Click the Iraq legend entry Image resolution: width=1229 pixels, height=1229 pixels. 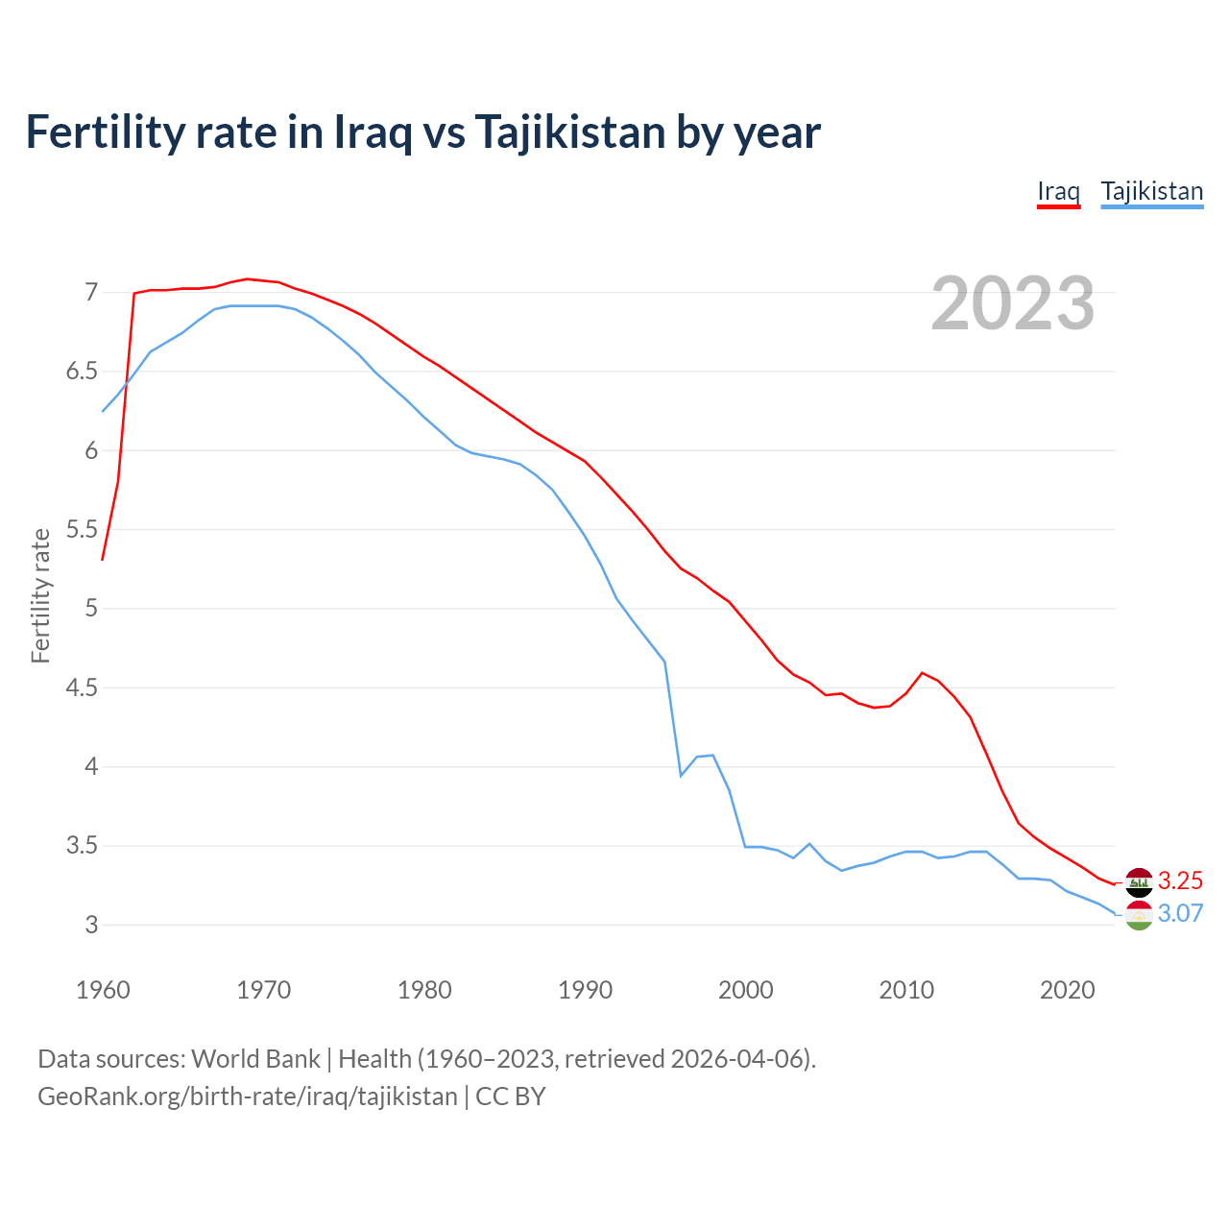[x=1058, y=191]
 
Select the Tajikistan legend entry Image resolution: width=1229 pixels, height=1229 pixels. [x=1151, y=191]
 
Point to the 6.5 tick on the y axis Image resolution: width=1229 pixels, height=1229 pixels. [x=82, y=372]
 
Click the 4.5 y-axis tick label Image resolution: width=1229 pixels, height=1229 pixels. [x=82, y=688]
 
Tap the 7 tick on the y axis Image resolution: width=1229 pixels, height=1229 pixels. [x=91, y=292]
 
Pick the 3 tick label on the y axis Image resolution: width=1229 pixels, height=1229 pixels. [x=91, y=926]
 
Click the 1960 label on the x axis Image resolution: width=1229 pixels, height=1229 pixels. [x=103, y=990]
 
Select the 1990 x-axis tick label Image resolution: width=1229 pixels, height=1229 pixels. [x=585, y=990]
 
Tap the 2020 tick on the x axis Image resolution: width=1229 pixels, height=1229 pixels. [x=1067, y=990]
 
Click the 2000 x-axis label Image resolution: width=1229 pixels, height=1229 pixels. [x=745, y=990]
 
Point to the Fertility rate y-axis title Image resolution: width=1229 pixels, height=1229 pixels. [x=40, y=595]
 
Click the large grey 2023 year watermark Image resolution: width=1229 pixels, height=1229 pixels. [x=1012, y=303]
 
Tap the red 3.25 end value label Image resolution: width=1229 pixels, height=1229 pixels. [x=1180, y=880]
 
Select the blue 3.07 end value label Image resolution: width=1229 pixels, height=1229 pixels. [x=1180, y=913]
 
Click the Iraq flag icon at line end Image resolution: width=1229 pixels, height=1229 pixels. [x=1139, y=880]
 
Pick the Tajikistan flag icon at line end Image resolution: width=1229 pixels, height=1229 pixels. [x=1139, y=915]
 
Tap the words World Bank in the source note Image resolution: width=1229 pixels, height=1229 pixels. [x=255, y=1059]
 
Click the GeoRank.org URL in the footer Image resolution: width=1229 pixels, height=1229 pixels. [x=247, y=1096]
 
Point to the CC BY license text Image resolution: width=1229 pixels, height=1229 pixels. [x=511, y=1096]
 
